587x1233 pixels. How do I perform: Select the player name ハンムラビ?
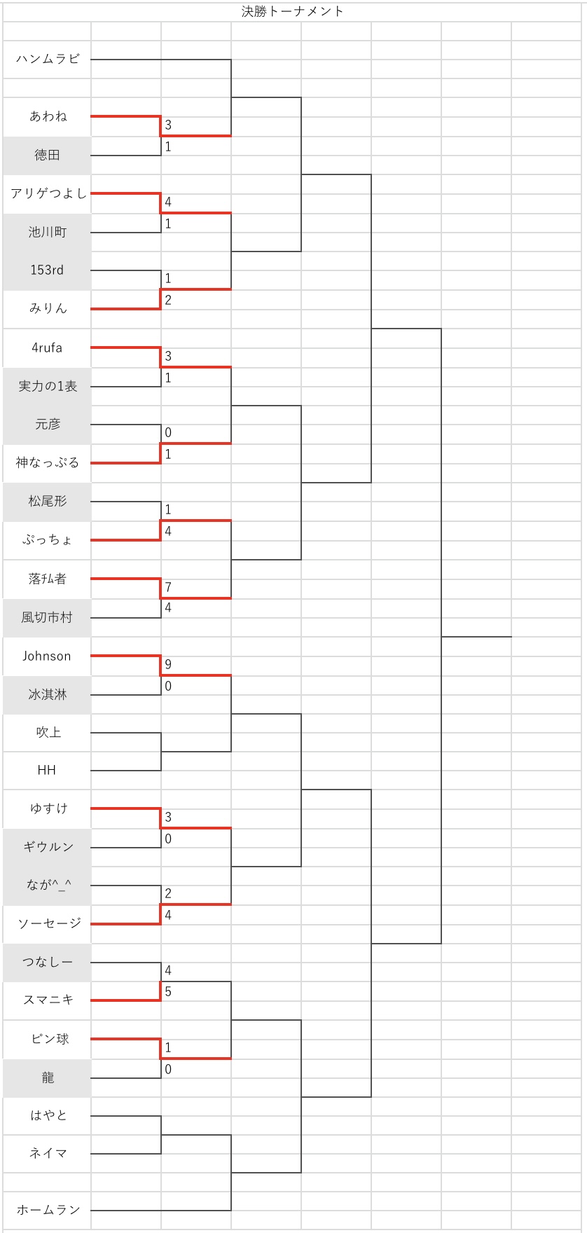pyautogui.click(x=48, y=59)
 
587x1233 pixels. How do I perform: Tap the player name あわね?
pyautogui.click(x=48, y=116)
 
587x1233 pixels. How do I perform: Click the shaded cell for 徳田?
pyautogui.click(x=47, y=156)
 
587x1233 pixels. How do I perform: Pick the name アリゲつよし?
pyautogui.click(x=48, y=193)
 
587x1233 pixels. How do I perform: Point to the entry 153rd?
pyautogui.click(x=47, y=270)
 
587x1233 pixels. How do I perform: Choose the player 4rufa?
pyautogui.click(x=47, y=347)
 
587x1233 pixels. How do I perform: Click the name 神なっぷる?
pyautogui.click(x=48, y=462)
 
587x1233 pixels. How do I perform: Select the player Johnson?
pyautogui.click(x=47, y=656)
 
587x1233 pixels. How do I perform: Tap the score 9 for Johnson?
pyautogui.click(x=168, y=664)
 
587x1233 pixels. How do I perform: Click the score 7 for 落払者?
pyautogui.click(x=168, y=587)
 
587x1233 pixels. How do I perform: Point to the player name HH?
pyautogui.click(x=47, y=770)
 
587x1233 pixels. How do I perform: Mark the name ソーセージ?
pyautogui.click(x=48, y=923)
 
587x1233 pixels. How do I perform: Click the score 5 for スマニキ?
pyautogui.click(x=168, y=992)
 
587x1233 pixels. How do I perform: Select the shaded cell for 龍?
pyautogui.click(x=47, y=1077)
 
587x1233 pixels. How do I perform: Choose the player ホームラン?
pyautogui.click(x=48, y=1210)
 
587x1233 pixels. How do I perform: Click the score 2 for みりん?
pyautogui.click(x=168, y=301)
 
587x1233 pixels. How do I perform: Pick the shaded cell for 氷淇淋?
pyautogui.click(x=47, y=694)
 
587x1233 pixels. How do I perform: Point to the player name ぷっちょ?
pyautogui.click(x=48, y=539)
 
